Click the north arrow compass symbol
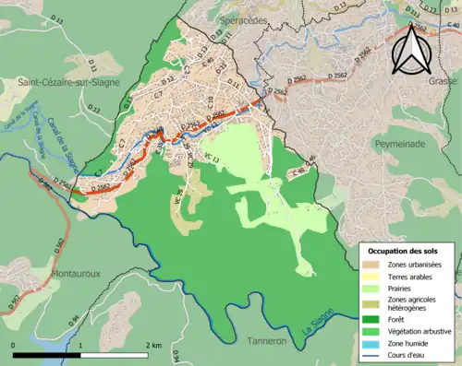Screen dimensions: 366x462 click(413, 50)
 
